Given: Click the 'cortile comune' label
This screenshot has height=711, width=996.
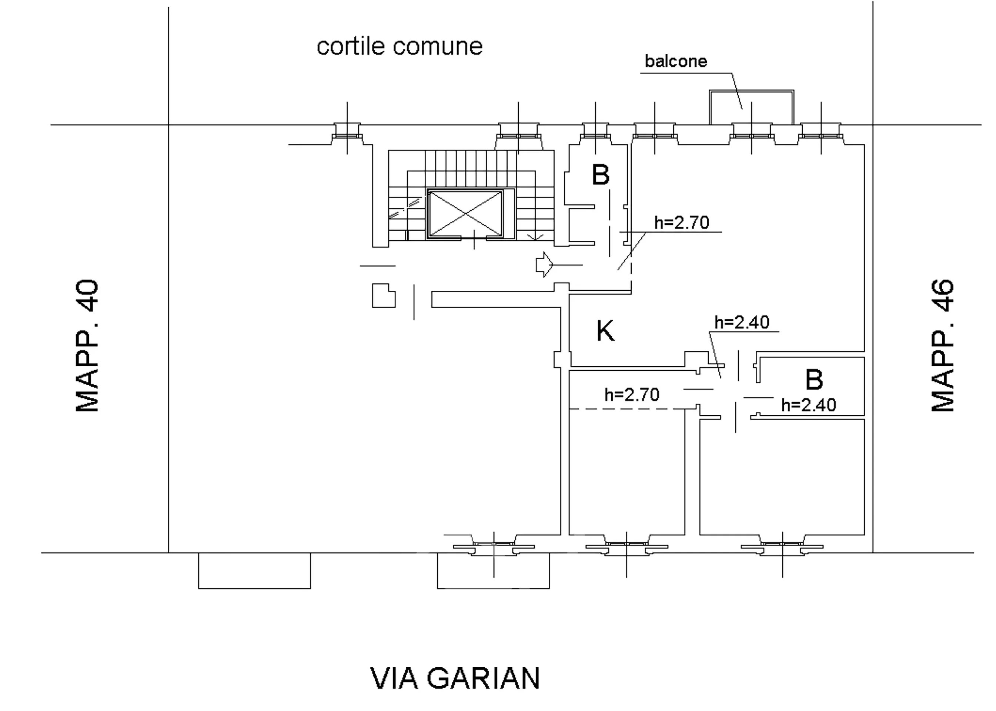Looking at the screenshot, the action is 399,46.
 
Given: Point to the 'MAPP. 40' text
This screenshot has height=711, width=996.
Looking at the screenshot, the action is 87,346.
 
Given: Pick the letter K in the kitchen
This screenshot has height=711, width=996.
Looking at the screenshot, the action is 605,331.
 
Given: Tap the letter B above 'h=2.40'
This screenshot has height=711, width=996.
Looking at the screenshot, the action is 814,379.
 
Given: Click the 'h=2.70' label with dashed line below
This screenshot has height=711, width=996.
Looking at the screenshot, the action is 632,395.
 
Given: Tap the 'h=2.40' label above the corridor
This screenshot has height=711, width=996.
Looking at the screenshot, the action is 742,323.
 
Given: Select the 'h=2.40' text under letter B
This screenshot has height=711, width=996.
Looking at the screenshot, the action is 809,405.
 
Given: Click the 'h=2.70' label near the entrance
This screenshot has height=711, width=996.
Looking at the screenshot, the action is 682,223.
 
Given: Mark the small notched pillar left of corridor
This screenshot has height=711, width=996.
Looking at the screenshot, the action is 383,296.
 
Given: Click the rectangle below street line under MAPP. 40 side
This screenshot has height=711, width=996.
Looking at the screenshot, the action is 254,570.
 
